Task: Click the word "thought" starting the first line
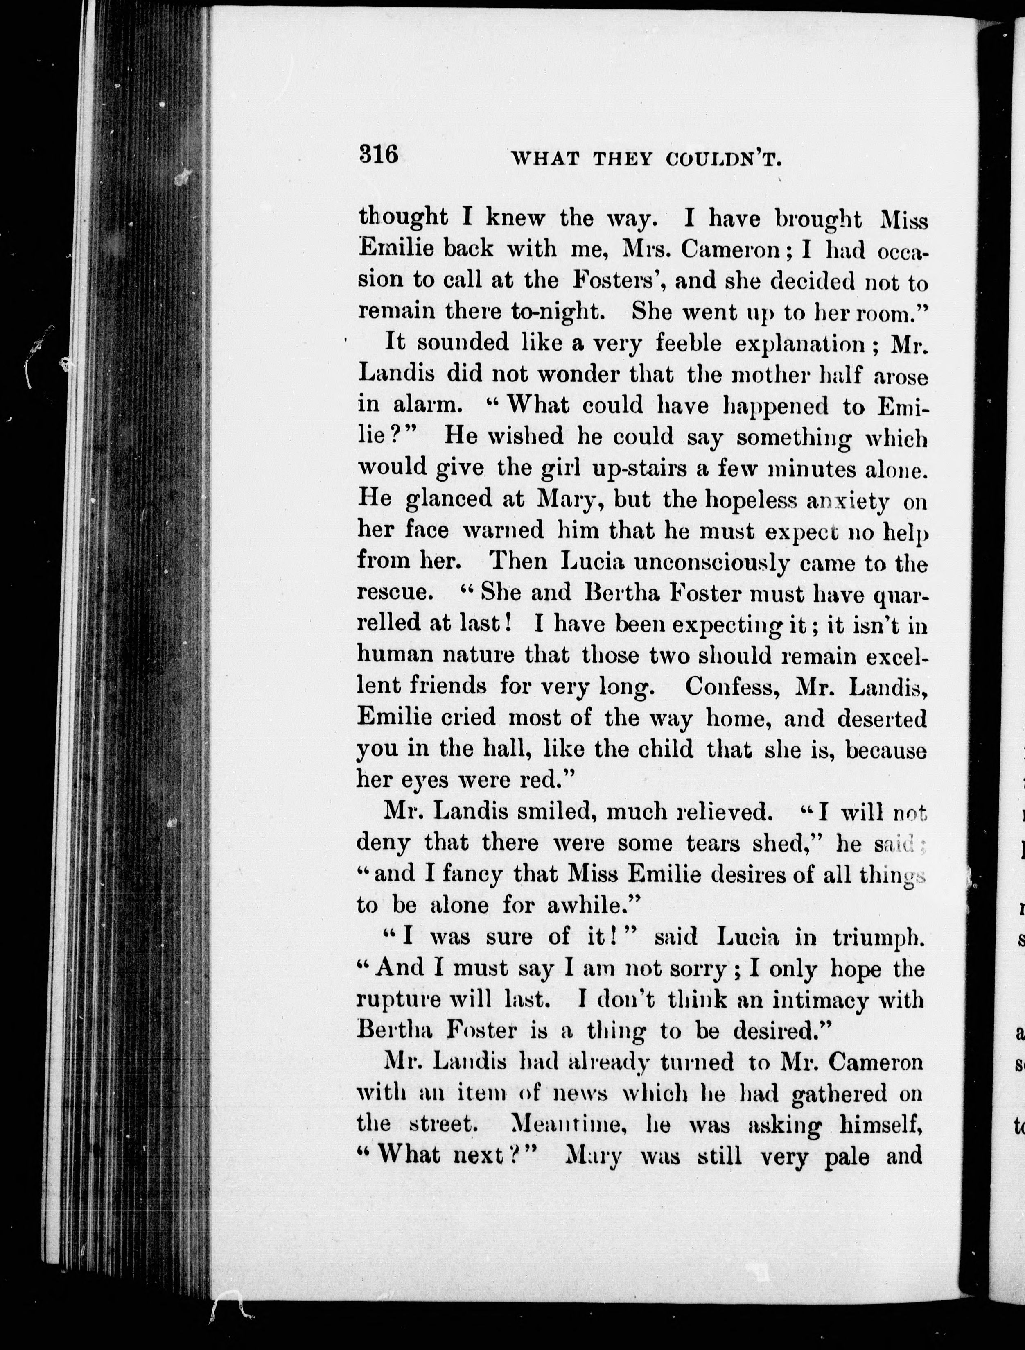coord(403,218)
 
